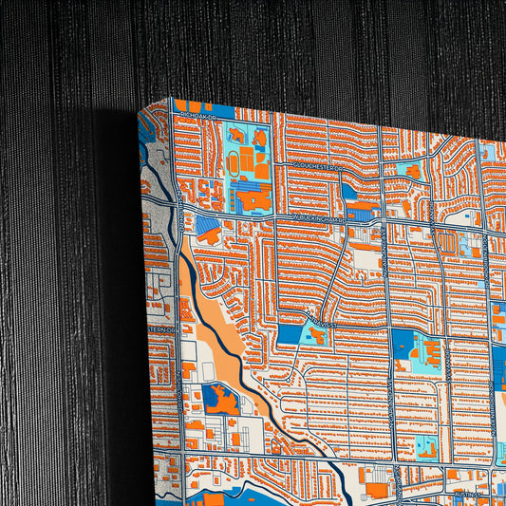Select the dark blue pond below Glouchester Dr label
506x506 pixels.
tap(348, 193)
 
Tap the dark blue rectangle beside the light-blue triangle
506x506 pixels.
tap(289, 334)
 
